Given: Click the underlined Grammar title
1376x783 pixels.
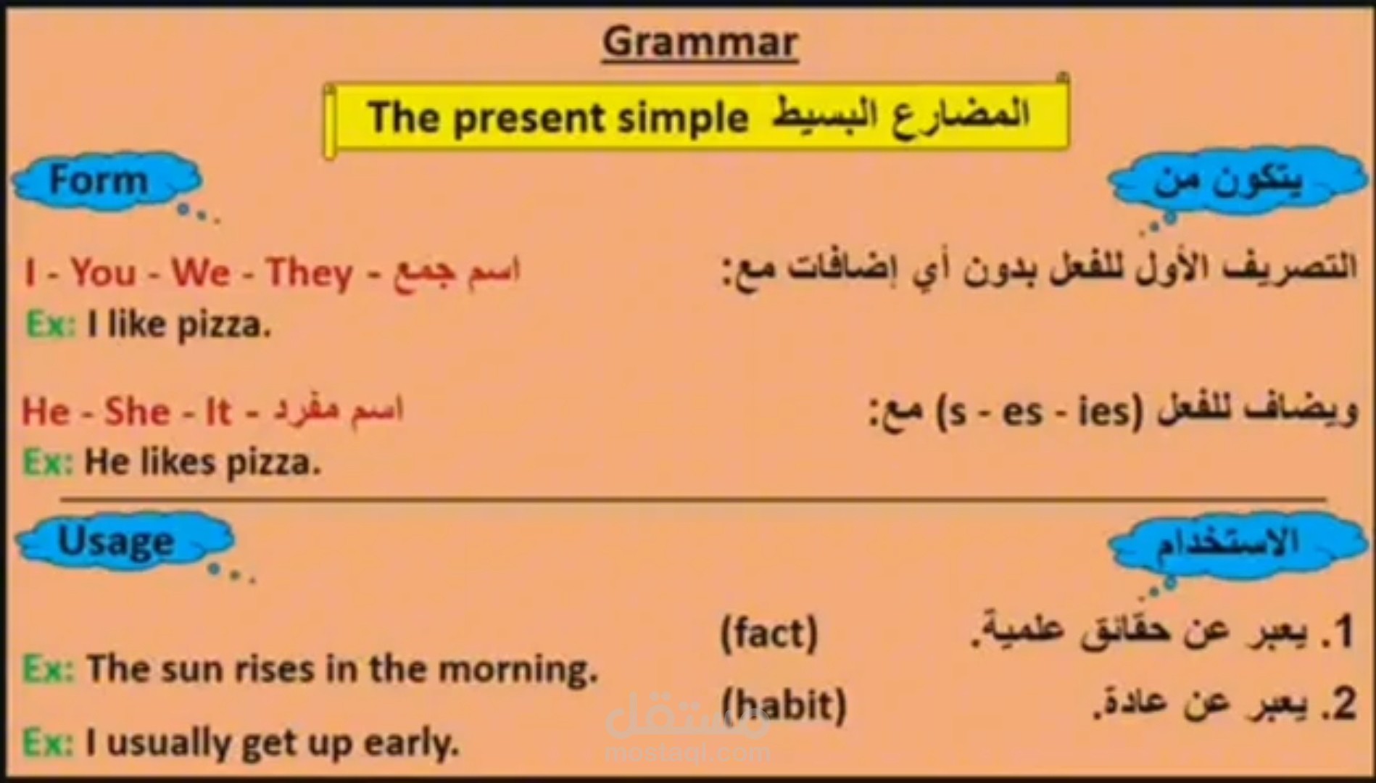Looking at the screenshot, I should coord(700,42).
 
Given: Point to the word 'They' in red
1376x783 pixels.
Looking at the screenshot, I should coord(310,273).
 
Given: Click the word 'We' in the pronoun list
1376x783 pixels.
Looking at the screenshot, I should coord(200,273).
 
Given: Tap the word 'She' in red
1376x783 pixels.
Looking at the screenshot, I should coord(137,412).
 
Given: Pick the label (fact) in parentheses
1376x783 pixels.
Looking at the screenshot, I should coord(768,633).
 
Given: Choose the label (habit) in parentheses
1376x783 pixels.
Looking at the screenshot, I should coord(783,705).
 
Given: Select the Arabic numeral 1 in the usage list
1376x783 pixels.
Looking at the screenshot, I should coord(1343,631).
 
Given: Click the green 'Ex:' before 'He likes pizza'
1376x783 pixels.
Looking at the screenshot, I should coord(49,463).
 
